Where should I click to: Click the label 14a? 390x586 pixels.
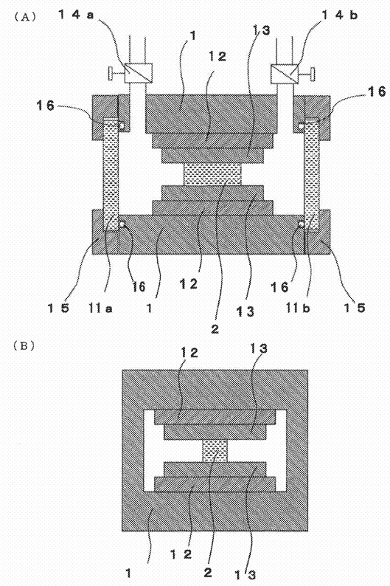(x=76, y=15)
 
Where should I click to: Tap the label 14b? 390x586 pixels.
(x=339, y=15)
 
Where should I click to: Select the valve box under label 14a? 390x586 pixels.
(x=138, y=73)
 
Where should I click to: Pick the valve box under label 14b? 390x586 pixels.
(x=285, y=73)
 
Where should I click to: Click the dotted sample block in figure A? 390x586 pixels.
(x=213, y=175)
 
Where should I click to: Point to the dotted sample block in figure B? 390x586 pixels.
(x=215, y=450)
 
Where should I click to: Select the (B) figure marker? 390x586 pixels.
(x=24, y=346)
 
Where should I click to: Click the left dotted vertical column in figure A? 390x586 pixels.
(x=111, y=174)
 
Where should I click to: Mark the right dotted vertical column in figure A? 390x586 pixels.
(x=312, y=174)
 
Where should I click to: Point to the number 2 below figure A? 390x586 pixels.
(x=215, y=329)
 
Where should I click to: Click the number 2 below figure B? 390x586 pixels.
(x=207, y=572)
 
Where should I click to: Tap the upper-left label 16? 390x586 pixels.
(x=45, y=106)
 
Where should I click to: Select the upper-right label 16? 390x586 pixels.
(x=377, y=92)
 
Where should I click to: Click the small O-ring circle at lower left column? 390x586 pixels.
(x=122, y=224)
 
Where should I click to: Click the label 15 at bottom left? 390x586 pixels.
(x=58, y=308)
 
